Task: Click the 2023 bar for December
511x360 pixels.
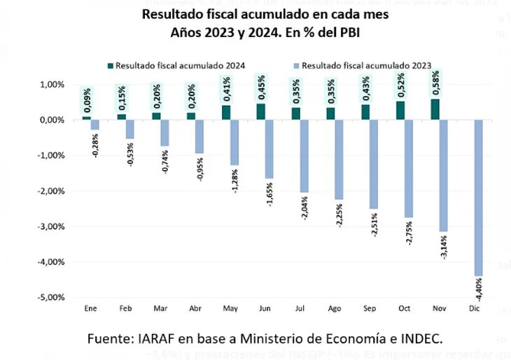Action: pos(479,198)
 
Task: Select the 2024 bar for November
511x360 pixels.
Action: pos(435,109)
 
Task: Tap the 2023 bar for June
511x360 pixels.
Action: pos(269,148)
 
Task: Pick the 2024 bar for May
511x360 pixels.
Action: pos(226,112)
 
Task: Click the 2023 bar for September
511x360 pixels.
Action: pos(374,164)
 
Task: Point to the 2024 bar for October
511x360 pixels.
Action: pos(400,111)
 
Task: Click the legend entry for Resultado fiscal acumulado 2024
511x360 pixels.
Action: pos(176,65)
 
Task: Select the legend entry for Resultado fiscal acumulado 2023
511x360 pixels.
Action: pos(362,65)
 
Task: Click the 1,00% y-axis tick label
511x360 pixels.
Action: pos(51,85)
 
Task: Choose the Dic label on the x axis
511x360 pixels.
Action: pos(475,308)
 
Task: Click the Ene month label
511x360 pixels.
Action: pos(90,308)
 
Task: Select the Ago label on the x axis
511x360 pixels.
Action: pos(335,308)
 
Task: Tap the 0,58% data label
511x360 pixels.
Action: pos(435,82)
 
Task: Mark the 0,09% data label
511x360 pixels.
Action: pos(87,101)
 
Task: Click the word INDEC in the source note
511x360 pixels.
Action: pos(419,338)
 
